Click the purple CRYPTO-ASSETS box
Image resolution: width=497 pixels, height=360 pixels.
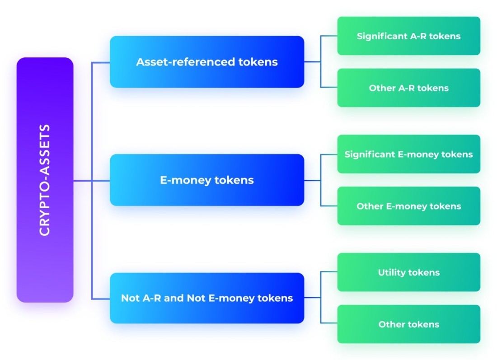(x=45, y=180)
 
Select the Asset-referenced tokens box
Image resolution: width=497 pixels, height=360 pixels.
(x=206, y=62)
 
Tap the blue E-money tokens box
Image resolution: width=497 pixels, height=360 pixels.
(x=206, y=180)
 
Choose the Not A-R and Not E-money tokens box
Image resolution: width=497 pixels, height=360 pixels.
(x=206, y=298)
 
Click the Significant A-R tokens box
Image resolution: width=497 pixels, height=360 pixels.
(x=408, y=36)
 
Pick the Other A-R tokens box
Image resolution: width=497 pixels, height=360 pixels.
(x=408, y=88)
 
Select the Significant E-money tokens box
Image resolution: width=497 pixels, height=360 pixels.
(x=408, y=154)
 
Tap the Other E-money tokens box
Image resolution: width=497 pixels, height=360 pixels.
(x=408, y=206)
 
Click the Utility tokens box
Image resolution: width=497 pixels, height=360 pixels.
(x=408, y=272)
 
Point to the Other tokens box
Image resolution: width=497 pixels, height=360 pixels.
(x=408, y=324)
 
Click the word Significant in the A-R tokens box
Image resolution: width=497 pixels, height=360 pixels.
(x=382, y=36)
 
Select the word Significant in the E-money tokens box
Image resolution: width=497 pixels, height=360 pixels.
(x=369, y=154)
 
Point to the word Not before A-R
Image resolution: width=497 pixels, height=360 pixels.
(x=129, y=298)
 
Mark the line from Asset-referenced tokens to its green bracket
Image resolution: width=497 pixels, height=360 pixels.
(x=312, y=62)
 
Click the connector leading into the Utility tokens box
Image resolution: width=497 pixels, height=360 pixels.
(x=329, y=272)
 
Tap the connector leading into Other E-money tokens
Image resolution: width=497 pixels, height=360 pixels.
(x=329, y=206)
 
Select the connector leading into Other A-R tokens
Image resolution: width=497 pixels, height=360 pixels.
(x=329, y=87)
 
